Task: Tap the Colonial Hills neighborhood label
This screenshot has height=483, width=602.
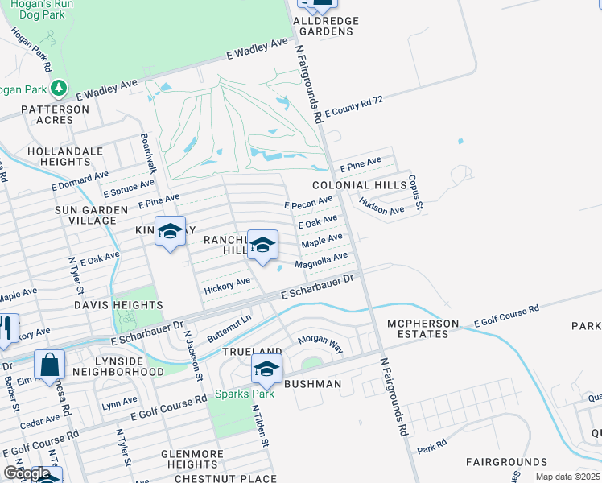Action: click(371, 185)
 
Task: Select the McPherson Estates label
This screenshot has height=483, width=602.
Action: click(423, 329)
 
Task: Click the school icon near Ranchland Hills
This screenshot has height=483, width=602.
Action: click(262, 244)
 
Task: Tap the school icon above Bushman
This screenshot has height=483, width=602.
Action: click(266, 369)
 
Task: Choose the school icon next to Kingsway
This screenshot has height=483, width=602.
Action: click(170, 232)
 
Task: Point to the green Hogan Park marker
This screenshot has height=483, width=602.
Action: click(58, 87)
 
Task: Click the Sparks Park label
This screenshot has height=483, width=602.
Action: click(244, 394)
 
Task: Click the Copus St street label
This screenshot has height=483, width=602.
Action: click(415, 193)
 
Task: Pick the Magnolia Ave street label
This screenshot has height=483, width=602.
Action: click(321, 261)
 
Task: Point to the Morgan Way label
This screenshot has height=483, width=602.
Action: click(320, 345)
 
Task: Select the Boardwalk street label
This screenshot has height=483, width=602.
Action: click(148, 153)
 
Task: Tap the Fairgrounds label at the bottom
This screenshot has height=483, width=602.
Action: click(506, 462)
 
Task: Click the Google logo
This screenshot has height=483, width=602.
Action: click(27, 473)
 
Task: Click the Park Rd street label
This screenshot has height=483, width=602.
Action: click(431, 446)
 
